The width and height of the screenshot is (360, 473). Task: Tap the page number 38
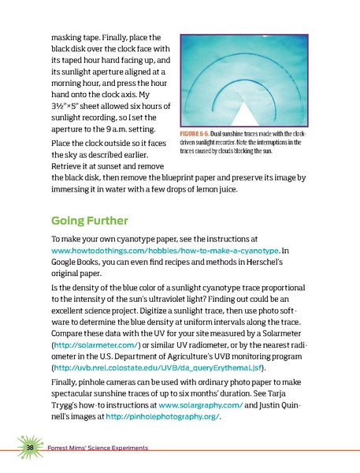coord(28,449)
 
